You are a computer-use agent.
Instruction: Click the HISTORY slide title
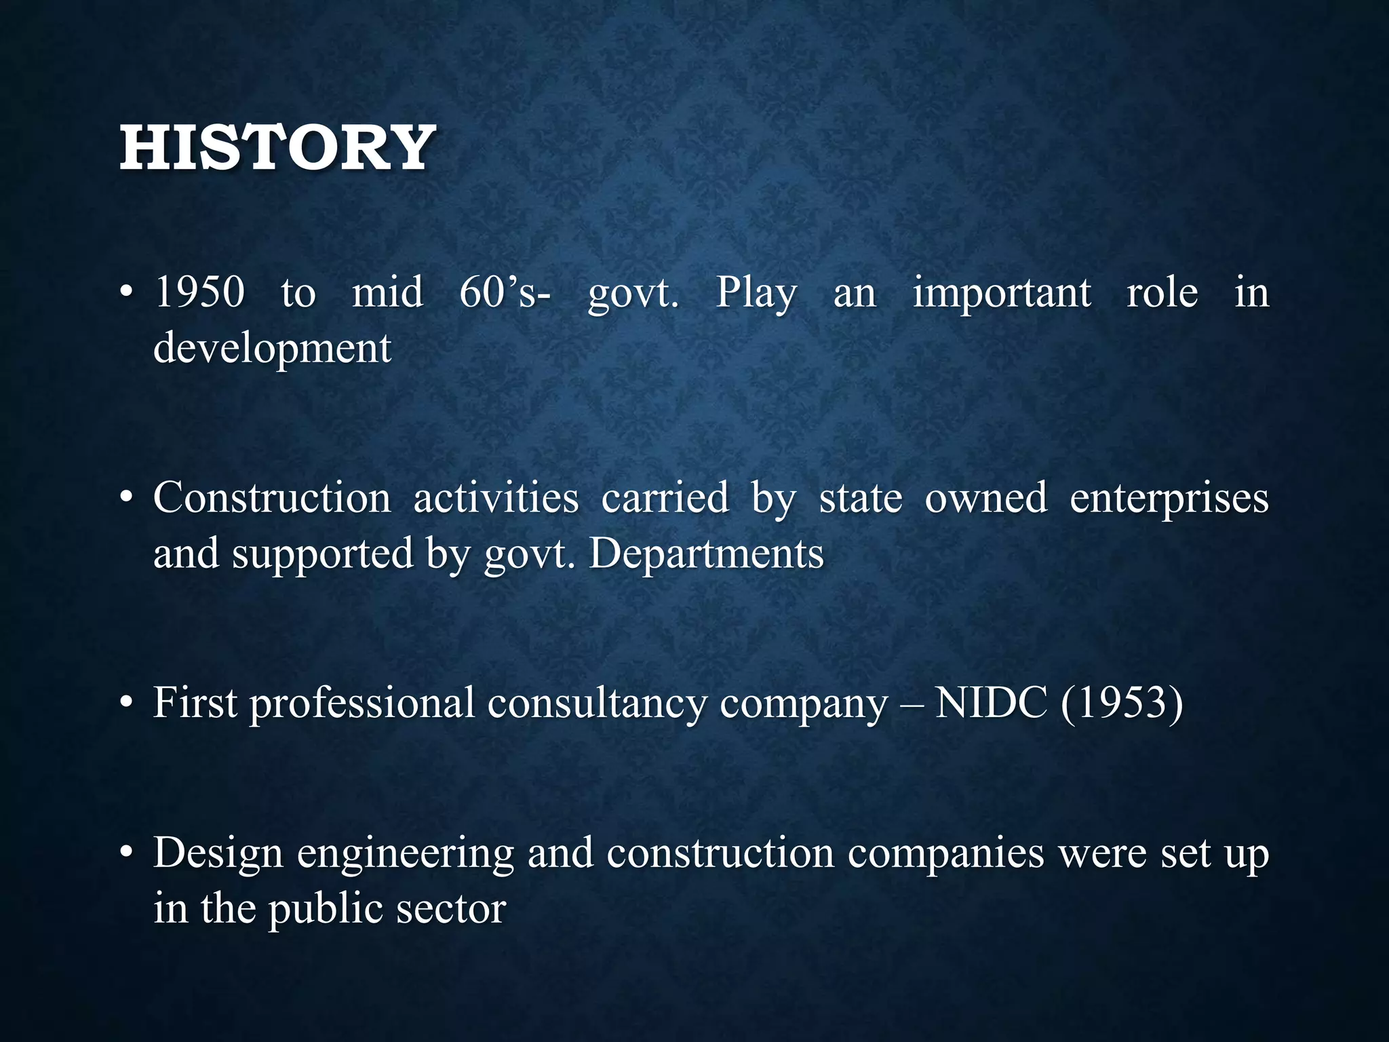(277, 147)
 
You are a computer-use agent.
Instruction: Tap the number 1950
(200, 293)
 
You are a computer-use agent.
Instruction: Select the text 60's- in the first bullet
(505, 293)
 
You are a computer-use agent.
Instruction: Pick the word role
(1162, 293)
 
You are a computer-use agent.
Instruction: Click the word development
(273, 349)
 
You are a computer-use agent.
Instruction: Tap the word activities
(496, 498)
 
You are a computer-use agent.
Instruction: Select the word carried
(665, 498)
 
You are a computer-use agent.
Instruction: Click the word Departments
(706, 555)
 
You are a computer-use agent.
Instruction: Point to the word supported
(323, 555)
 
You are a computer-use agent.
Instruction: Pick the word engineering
(406, 854)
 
